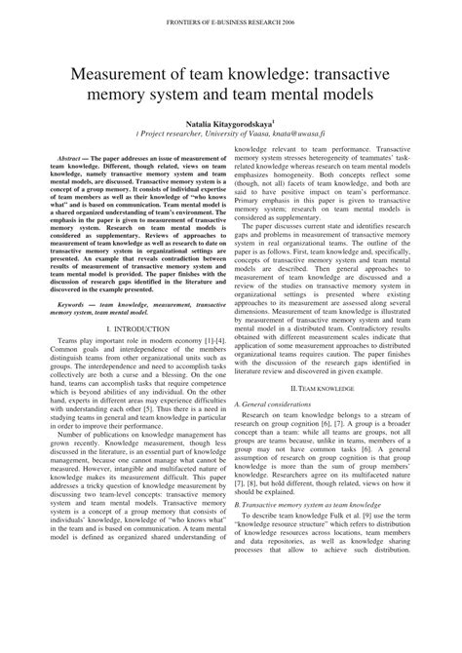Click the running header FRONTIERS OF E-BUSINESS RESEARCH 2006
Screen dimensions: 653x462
click(x=230, y=19)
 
